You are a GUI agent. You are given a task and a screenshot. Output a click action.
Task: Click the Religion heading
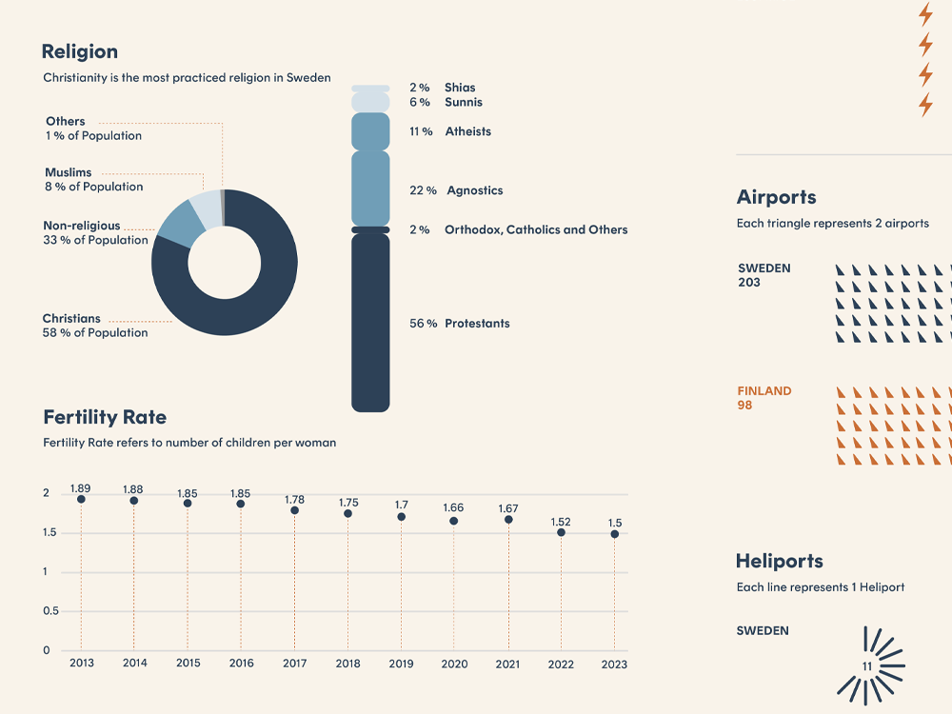[80, 52]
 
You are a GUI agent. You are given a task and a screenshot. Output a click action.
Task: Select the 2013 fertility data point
[81, 499]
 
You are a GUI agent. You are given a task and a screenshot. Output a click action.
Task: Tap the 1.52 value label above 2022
[561, 522]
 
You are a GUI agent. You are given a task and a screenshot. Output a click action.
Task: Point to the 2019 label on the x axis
[401, 664]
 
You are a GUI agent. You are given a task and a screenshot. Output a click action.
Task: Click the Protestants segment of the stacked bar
[370, 324]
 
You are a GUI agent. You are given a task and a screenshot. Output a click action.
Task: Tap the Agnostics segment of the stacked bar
[370, 188]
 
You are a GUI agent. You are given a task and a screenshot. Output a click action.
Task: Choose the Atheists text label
[467, 131]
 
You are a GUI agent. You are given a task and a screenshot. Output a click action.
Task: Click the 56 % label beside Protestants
[424, 324]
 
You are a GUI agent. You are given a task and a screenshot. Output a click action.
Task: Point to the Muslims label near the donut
[69, 172]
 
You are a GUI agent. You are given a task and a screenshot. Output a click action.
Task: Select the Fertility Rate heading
[105, 417]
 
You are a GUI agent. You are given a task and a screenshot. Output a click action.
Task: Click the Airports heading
[776, 197]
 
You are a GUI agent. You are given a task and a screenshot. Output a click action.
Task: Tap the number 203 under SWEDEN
[749, 283]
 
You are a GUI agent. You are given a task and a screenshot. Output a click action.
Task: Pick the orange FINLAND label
[764, 390]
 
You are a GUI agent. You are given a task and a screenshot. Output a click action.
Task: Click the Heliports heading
[779, 561]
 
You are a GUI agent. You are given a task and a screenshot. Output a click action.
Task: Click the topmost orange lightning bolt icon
[925, 14]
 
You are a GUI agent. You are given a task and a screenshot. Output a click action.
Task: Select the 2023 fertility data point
[615, 534]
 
